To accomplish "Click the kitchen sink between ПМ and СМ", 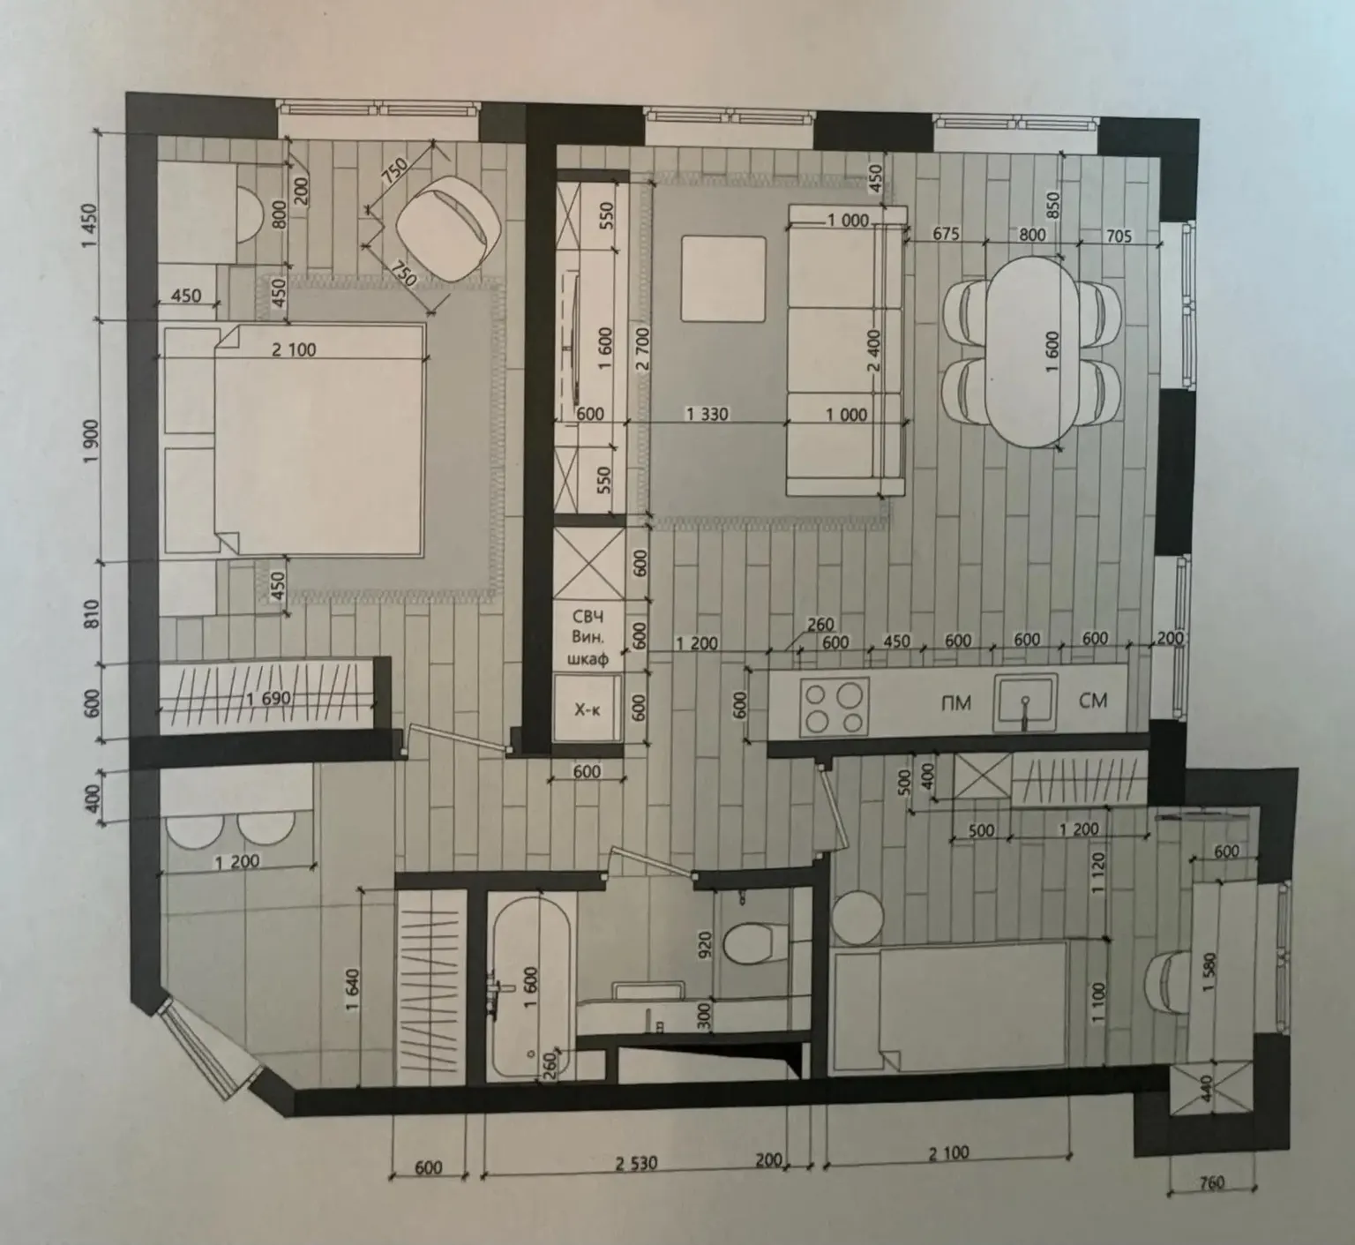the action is coord(1024,703).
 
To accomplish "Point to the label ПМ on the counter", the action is coord(956,703).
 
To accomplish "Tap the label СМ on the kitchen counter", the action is coord(1092,701).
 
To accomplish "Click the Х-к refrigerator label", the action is coord(587,709).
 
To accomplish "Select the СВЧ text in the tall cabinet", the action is coord(588,616).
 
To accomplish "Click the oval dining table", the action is coord(1031,350).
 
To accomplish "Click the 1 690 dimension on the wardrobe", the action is coord(269,699).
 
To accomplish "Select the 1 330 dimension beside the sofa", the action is coord(707,413).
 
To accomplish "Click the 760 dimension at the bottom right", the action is coord(1211,1182).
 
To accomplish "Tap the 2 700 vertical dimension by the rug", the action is coord(641,352).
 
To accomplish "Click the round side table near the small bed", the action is coord(857,919).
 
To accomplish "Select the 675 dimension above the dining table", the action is coord(945,234).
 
